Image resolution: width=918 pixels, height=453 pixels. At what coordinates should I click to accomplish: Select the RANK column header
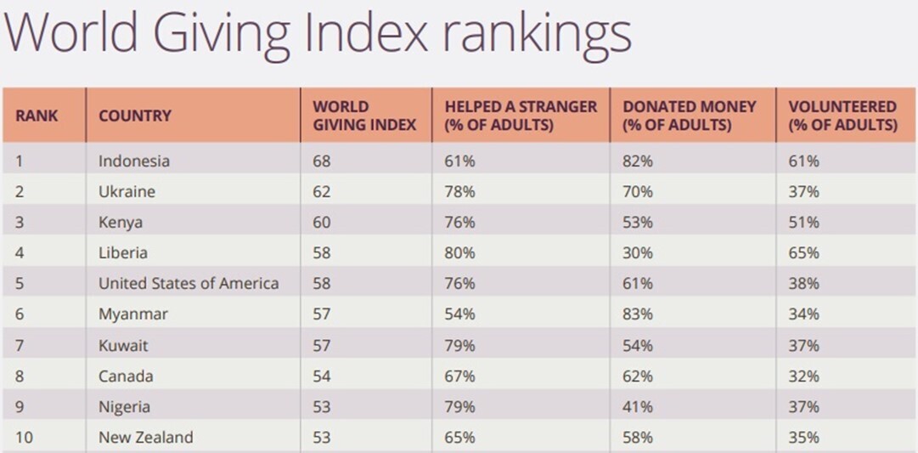point(37,116)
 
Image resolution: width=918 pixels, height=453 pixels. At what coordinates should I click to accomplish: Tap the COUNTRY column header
point(135,116)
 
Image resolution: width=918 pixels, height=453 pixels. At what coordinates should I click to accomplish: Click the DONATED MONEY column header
point(689,116)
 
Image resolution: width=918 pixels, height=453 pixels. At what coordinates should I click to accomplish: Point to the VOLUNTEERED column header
point(842,116)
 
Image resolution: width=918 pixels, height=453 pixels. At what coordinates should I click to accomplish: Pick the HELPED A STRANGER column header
point(521,116)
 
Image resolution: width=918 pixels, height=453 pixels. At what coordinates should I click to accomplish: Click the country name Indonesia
point(134,161)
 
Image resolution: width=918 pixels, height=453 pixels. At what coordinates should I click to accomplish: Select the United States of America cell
point(189,283)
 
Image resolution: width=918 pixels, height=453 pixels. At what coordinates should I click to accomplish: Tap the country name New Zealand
point(146,438)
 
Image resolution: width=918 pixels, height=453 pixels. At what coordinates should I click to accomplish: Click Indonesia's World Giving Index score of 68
point(323,161)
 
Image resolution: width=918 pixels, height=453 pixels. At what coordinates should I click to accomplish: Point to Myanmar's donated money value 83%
point(638,314)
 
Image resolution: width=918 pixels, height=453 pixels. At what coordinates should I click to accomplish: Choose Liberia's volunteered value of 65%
point(803,252)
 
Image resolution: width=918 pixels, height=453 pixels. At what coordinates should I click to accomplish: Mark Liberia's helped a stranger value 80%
point(459,252)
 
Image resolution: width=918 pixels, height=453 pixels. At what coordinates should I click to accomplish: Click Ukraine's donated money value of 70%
point(638,191)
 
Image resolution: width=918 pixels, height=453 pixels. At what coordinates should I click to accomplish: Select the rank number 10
point(25,438)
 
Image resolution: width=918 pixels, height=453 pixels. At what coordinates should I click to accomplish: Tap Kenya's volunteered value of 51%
point(803,222)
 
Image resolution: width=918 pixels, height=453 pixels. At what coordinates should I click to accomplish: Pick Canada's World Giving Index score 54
point(323,376)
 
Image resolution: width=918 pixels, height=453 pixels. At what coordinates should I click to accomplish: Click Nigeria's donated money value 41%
point(638,406)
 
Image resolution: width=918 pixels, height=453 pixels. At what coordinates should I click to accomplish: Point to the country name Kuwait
point(124,345)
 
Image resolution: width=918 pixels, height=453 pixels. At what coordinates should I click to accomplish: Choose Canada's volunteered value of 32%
point(803,376)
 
